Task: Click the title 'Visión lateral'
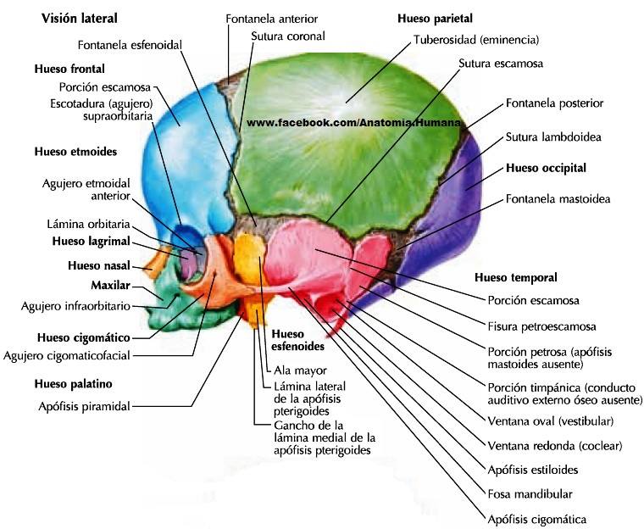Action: pyautogui.click(x=80, y=19)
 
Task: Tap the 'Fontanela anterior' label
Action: pyautogui.click(x=271, y=19)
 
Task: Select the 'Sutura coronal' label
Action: pyautogui.click(x=288, y=36)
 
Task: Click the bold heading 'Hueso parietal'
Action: pyautogui.click(x=435, y=19)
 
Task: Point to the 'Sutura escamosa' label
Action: pyautogui.click(x=501, y=64)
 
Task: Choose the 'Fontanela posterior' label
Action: pyautogui.click(x=554, y=103)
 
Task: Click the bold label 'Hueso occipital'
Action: pyautogui.click(x=546, y=168)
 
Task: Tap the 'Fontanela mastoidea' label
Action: pyautogui.click(x=558, y=199)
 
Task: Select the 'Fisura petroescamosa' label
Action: pyautogui.click(x=541, y=326)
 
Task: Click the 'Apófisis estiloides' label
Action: pyautogui.click(x=533, y=470)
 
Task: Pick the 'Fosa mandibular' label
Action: pyautogui.click(x=530, y=494)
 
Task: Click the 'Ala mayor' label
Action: pyautogui.click(x=300, y=370)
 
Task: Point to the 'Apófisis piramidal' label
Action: pyautogui.click(x=84, y=407)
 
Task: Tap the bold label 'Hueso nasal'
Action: pyautogui.click(x=99, y=265)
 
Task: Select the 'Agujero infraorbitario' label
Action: pyautogui.click(x=75, y=306)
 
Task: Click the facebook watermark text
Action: pyautogui.click(x=353, y=122)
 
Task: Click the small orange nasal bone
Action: pyautogui.click(x=158, y=262)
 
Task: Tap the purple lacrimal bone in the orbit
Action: pyautogui.click(x=188, y=265)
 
